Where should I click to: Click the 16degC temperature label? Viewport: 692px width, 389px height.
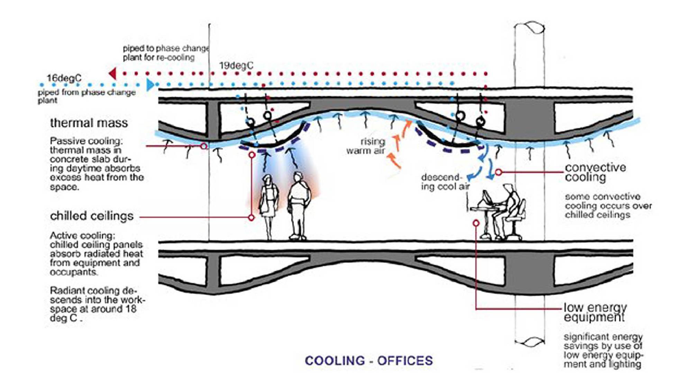(64, 78)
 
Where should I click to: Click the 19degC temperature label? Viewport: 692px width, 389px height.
(236, 65)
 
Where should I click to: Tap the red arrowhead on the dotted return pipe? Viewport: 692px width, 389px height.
(112, 74)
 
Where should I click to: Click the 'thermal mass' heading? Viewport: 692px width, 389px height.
(89, 123)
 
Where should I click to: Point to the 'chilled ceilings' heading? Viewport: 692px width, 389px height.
(92, 216)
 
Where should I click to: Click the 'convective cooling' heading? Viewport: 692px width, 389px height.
(595, 172)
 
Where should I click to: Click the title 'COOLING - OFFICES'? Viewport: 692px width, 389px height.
(368, 361)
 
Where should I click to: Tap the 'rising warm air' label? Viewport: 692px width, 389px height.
(367, 146)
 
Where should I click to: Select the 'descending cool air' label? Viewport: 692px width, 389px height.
(445, 182)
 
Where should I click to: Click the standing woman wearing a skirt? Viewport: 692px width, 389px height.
(269, 204)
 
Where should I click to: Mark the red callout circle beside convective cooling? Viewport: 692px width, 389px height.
(498, 172)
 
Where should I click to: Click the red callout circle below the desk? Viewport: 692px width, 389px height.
(476, 223)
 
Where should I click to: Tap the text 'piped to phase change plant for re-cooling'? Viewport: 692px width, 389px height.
(165, 53)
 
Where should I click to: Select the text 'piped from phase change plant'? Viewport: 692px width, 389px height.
(86, 96)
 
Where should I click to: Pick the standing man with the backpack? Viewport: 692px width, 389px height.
(298, 204)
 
